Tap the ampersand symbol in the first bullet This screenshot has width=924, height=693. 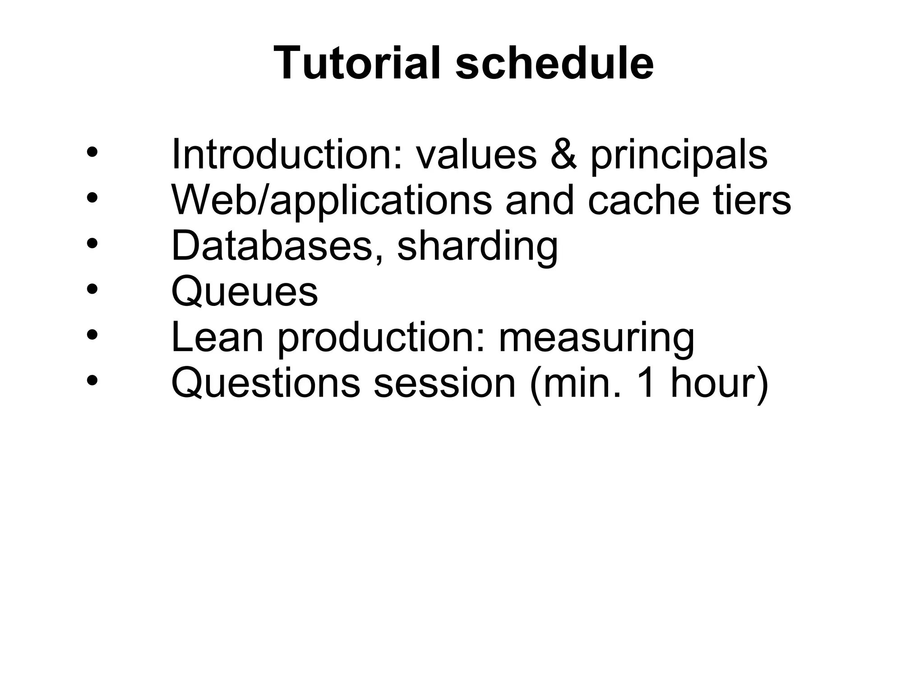(x=564, y=154)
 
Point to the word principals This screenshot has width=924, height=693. (x=679, y=157)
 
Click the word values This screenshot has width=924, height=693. (x=476, y=154)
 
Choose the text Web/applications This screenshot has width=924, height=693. (x=332, y=201)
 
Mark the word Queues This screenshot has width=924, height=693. (x=245, y=292)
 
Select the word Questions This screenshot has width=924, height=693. (x=266, y=383)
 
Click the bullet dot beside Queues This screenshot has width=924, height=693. (x=92, y=289)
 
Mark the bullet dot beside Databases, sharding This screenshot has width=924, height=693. (x=92, y=244)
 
